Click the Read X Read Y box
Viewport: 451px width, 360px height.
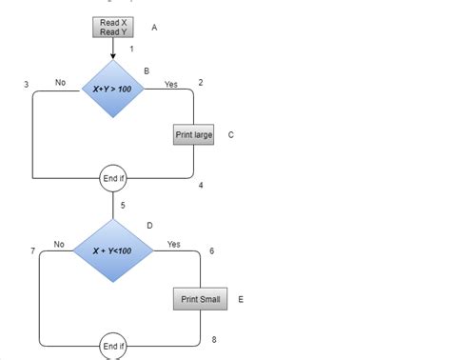coord(112,27)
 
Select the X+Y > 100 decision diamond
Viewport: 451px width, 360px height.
coord(112,89)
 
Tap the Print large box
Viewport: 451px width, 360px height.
coord(194,135)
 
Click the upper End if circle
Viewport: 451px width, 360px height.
coord(113,178)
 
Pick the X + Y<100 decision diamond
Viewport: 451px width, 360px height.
coord(112,250)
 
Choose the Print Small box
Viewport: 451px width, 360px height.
coord(201,299)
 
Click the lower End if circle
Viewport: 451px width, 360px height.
coord(113,346)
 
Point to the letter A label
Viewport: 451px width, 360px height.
coord(154,28)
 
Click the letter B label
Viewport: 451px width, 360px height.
coord(147,70)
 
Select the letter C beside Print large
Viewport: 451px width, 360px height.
coord(231,135)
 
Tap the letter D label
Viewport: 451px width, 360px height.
coord(149,226)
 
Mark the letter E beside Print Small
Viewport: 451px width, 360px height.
coord(241,299)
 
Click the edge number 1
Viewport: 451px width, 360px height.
coord(131,49)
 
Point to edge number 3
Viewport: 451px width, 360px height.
coord(26,85)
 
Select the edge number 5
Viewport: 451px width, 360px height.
coord(123,205)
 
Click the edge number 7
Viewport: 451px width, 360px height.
coord(32,250)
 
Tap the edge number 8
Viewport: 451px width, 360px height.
coord(214,340)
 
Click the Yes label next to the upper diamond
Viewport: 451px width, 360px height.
coord(171,85)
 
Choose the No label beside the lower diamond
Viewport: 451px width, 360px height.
coord(59,245)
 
